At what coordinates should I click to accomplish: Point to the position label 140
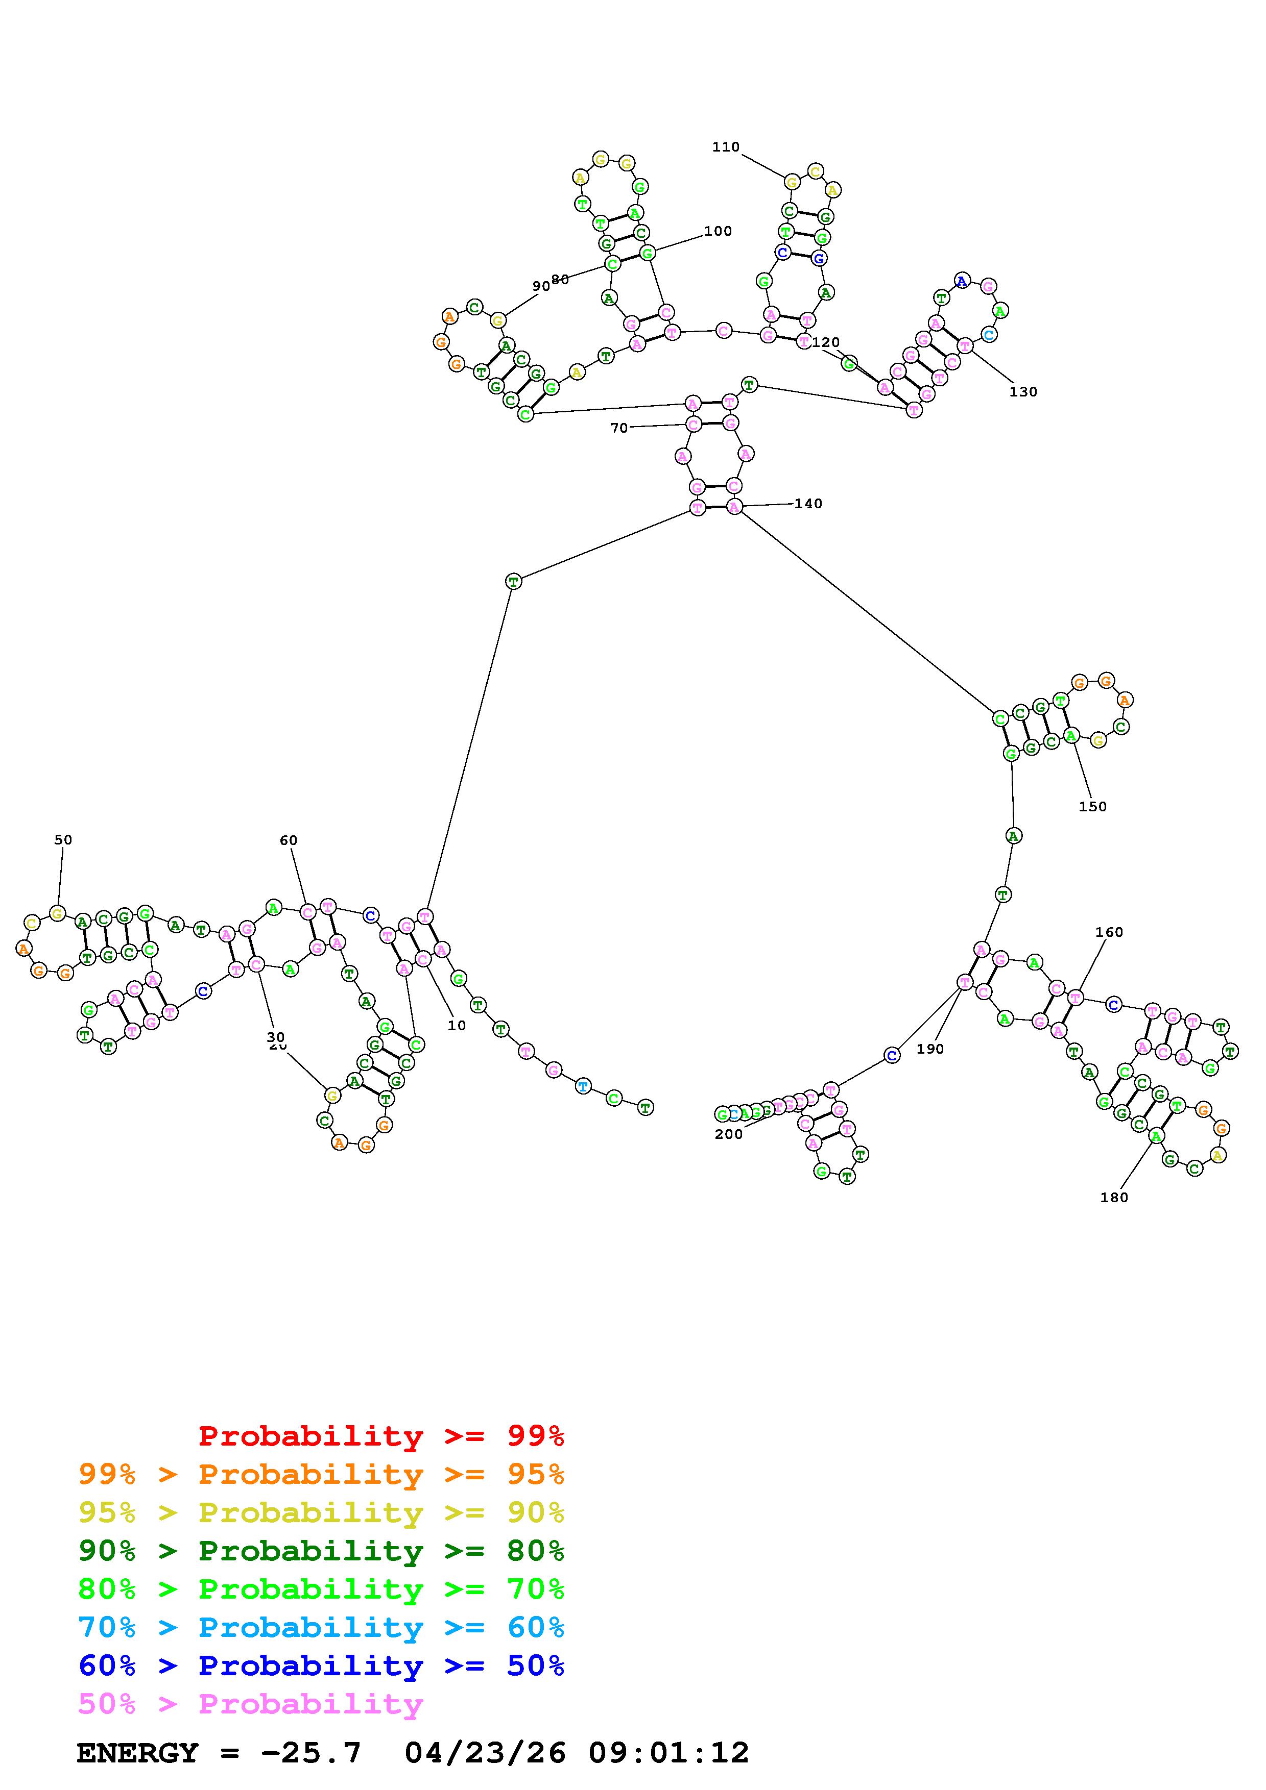pyautogui.click(x=808, y=504)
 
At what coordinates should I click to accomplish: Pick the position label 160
pyautogui.click(x=1108, y=932)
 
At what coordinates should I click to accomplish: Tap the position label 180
pyautogui.click(x=1114, y=1198)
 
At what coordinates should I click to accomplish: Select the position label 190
pyautogui.click(x=930, y=1050)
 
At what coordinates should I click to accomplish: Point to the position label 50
pyautogui.click(x=63, y=840)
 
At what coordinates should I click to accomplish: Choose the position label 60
pyautogui.click(x=289, y=840)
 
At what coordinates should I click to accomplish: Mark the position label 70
pyautogui.click(x=618, y=428)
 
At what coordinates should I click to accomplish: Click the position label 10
pyautogui.click(x=457, y=1026)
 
